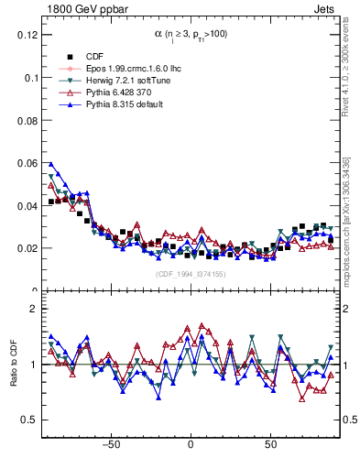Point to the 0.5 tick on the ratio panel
pos(31,420)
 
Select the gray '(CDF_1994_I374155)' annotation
pos(190,274)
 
